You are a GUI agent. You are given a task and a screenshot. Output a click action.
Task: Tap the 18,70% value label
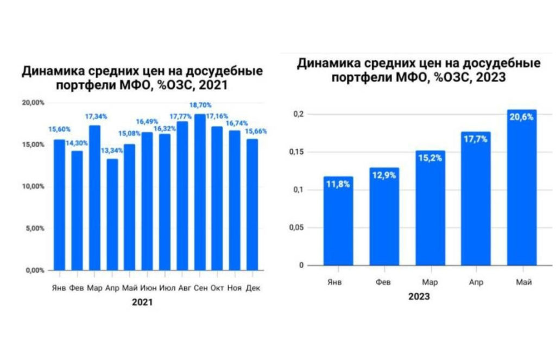[201, 105]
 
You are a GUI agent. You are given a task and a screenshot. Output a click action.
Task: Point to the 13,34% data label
[111, 149]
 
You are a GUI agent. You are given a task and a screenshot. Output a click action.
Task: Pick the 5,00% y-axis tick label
[35, 228]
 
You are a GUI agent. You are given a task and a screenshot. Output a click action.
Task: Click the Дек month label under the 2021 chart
[253, 288]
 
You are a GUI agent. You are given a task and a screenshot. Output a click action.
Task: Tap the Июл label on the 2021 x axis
[165, 288]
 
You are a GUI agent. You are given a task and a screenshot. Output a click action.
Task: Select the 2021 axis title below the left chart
[142, 302]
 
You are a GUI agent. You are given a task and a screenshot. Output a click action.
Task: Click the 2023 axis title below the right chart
[419, 297]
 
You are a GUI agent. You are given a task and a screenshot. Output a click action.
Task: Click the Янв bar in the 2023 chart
[338, 221]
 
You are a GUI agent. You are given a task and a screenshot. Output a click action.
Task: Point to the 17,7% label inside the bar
[476, 140]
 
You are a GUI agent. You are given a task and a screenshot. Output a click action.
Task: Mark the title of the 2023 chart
[418, 71]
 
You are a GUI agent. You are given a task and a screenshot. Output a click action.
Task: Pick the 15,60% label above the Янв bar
[59, 130]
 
